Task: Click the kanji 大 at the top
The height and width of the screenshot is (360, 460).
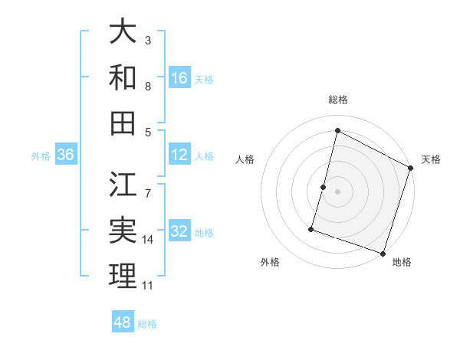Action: (x=123, y=32)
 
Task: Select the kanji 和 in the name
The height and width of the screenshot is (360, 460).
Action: (x=123, y=77)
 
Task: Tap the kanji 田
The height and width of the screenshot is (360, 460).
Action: (x=123, y=123)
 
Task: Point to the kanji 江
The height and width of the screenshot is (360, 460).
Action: (x=123, y=185)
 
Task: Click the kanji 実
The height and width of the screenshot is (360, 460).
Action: (x=123, y=231)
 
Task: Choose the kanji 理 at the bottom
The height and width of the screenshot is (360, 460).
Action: (x=123, y=276)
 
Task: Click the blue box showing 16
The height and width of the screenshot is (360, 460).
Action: (x=179, y=77)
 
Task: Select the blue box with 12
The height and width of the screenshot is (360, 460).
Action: (x=179, y=155)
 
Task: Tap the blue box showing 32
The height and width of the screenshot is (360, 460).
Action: (x=179, y=231)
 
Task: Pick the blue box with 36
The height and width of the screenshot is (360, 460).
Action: (x=66, y=155)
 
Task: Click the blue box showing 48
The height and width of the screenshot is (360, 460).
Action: (x=123, y=323)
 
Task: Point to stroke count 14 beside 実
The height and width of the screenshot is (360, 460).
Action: (x=148, y=240)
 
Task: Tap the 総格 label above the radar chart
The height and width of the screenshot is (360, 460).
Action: (x=338, y=100)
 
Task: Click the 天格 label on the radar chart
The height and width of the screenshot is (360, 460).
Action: (x=431, y=159)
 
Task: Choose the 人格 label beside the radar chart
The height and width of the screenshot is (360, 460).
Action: (x=245, y=159)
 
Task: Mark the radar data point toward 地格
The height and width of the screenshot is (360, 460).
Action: (x=383, y=253)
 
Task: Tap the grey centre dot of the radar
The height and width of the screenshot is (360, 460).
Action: (x=338, y=191)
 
